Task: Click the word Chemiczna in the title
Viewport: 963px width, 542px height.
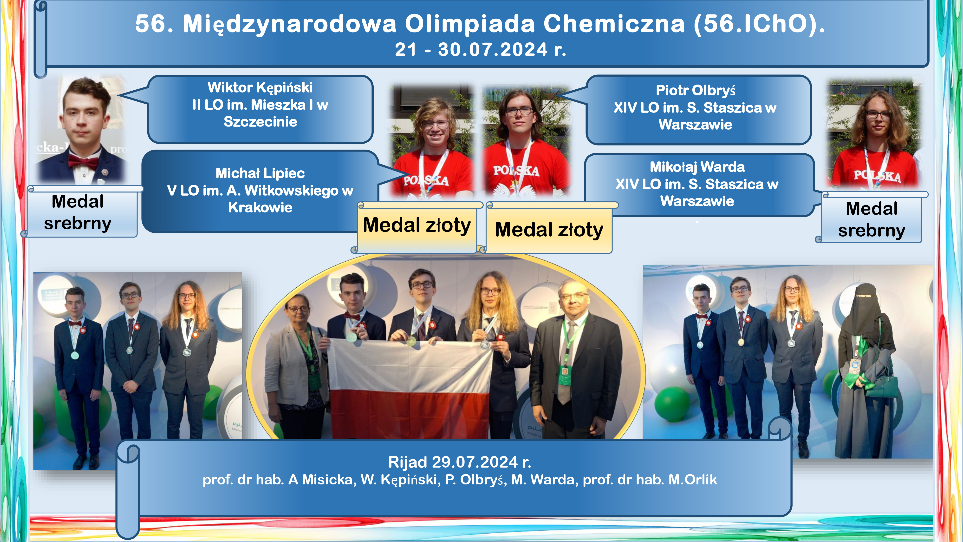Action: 614,24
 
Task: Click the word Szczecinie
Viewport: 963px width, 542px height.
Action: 260,122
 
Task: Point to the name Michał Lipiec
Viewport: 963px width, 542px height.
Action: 260,173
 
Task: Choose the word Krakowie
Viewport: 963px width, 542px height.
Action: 260,208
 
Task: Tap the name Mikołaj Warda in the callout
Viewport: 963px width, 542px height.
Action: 697,167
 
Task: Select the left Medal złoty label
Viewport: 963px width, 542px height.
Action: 416,225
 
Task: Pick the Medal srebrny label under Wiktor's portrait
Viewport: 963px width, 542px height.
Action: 78,212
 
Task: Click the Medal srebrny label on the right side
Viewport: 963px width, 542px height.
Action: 872,219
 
